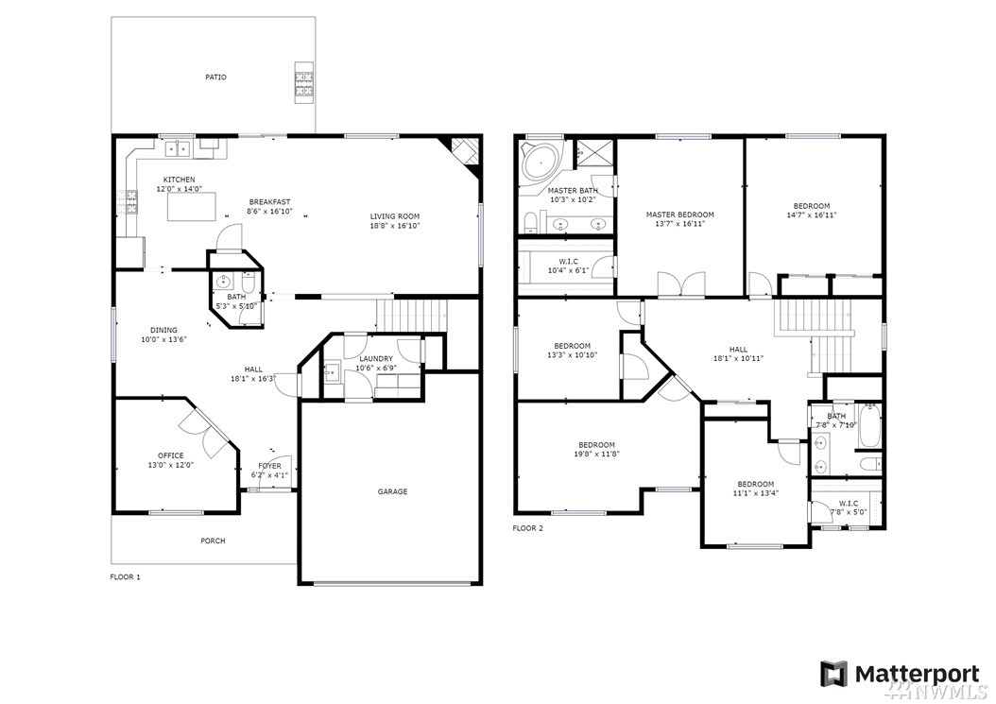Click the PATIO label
[215, 77]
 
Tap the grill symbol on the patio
[303, 82]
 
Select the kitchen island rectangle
[191, 208]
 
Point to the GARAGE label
[392, 491]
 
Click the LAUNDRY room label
[375, 359]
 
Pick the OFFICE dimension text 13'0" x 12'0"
[170, 465]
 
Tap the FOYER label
[269, 467]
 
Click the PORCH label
[213, 541]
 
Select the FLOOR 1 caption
[125, 577]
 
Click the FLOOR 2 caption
[528, 528]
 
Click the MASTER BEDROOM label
[679, 215]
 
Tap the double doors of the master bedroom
[681, 284]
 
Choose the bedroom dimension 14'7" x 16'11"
[811, 215]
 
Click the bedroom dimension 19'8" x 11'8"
[596, 455]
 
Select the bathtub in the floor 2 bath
[867, 425]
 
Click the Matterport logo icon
[833, 674]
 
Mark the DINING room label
[163, 331]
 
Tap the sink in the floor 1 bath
[224, 281]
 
